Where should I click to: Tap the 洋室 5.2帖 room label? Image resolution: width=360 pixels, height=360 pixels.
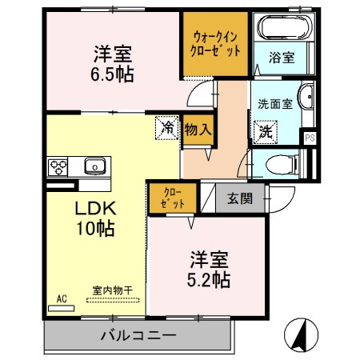(x=210, y=270)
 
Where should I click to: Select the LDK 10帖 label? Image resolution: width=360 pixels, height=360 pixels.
(x=95, y=218)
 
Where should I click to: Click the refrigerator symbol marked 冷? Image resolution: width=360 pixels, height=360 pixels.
(x=168, y=126)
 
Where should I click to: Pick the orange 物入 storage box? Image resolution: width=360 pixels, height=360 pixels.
(x=197, y=128)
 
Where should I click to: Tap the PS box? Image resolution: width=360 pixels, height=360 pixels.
(x=310, y=137)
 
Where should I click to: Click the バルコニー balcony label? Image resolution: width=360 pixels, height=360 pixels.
(x=138, y=334)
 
